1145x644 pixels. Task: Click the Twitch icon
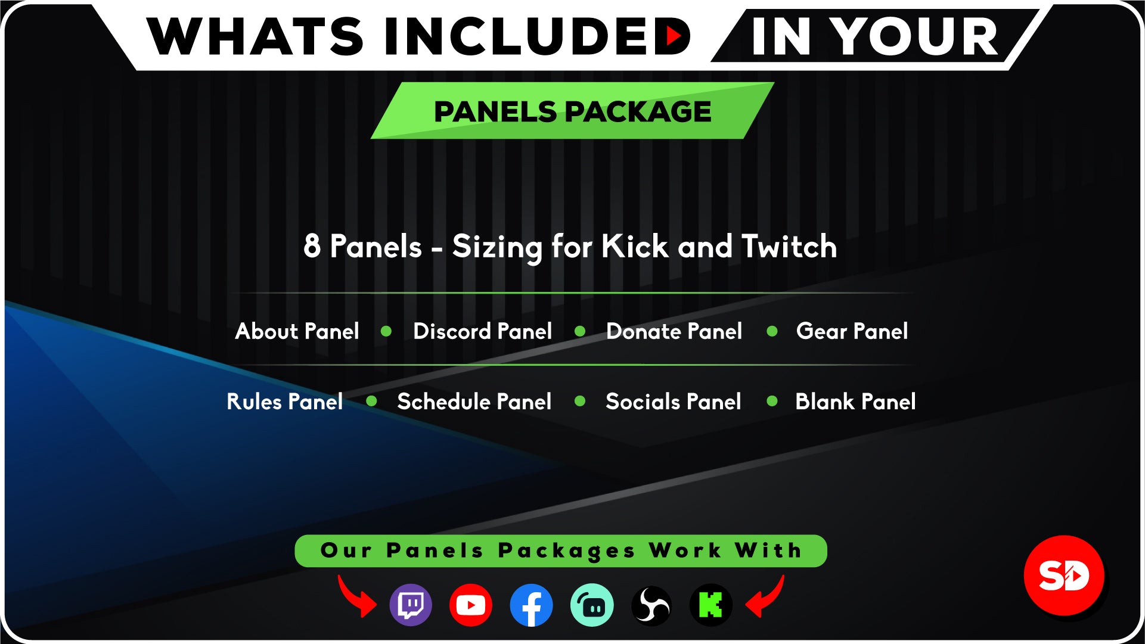(411, 605)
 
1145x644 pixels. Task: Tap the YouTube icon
(471, 605)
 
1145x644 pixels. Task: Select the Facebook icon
(531, 605)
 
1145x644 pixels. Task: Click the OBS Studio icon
(651, 605)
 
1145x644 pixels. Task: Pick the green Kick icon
(711, 605)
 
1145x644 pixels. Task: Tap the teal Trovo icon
(592, 605)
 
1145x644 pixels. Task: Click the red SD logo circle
(1064, 575)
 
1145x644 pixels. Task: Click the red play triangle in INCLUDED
(674, 36)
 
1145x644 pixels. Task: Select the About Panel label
(297, 331)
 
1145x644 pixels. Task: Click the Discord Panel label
(482, 331)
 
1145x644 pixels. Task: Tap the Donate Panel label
(674, 331)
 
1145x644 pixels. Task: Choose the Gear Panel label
(852, 331)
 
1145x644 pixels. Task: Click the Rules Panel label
(285, 402)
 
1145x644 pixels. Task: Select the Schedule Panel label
(474, 402)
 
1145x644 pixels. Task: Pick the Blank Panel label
(855, 402)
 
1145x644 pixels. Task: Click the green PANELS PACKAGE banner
(572, 111)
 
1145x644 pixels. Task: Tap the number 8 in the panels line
(312, 246)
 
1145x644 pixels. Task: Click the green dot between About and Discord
(386, 331)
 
